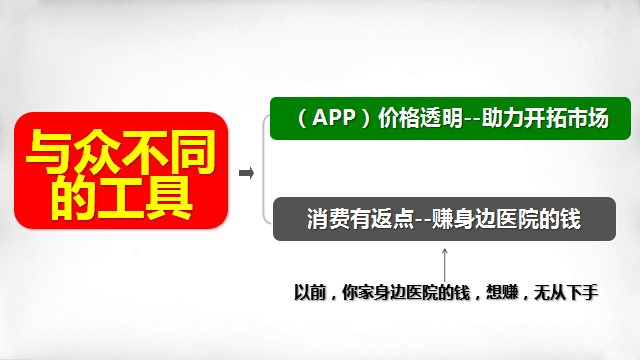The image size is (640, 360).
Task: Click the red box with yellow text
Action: (121, 170)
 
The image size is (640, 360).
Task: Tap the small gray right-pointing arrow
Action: (247, 173)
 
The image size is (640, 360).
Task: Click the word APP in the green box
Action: (333, 118)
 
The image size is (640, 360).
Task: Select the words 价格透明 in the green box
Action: (420, 118)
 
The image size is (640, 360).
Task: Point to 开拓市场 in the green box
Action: (567, 118)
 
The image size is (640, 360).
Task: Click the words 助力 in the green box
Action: (502, 118)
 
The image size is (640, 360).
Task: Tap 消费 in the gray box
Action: (328, 219)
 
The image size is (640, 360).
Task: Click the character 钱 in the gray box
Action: (570, 219)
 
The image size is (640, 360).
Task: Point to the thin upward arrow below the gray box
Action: (444, 265)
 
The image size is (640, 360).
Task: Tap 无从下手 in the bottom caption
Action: (566, 293)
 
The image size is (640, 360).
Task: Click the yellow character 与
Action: (49, 151)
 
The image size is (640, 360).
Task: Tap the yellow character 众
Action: (97, 151)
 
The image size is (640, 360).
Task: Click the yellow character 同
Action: (193, 151)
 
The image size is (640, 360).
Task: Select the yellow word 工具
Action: (145, 198)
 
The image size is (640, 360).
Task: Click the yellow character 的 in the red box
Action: (73, 198)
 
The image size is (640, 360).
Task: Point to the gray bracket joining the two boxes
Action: (264, 169)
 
